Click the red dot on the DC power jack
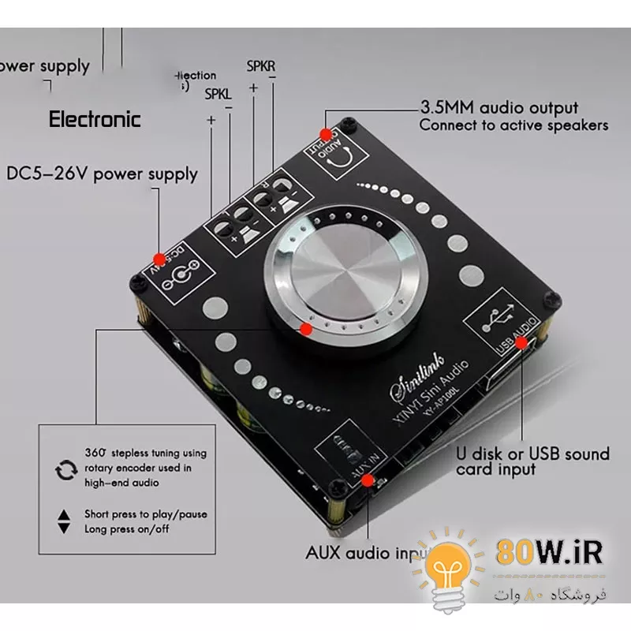click(159, 258)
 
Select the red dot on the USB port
click(521, 341)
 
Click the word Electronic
click(95, 120)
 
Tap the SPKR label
click(261, 66)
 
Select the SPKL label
click(218, 95)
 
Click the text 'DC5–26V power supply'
click(103, 174)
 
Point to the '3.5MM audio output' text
click(498, 108)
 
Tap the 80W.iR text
click(550, 552)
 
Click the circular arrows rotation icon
click(64, 471)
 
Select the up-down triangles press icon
click(64, 522)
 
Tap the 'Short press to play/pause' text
click(146, 514)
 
